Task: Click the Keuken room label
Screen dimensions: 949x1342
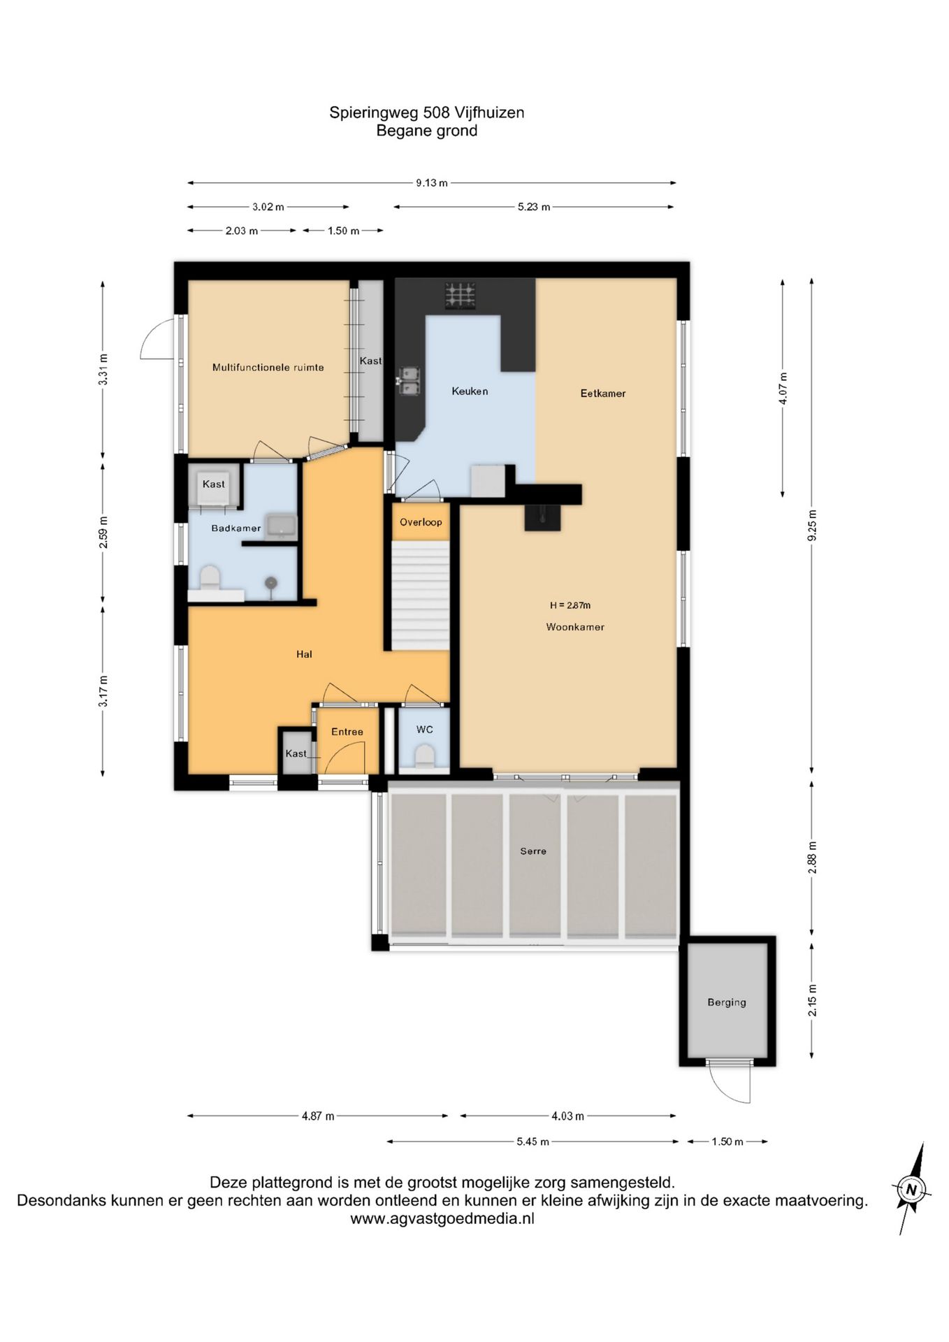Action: [x=470, y=391]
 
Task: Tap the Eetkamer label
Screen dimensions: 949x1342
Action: [x=603, y=394]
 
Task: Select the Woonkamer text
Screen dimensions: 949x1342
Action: [x=575, y=627]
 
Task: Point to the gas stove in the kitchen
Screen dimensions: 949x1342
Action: [x=461, y=295]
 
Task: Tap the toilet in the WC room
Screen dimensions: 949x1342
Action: [x=424, y=756]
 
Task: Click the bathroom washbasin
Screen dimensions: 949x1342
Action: [x=281, y=526]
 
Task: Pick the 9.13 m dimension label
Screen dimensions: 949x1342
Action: [x=432, y=183]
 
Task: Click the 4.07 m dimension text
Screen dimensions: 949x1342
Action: [x=783, y=389]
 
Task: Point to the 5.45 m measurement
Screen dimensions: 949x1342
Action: [x=533, y=1141]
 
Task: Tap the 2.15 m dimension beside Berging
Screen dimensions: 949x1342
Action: [x=811, y=1000]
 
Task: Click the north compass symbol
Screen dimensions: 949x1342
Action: [x=910, y=1189]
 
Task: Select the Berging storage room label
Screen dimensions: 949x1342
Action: [x=727, y=1002]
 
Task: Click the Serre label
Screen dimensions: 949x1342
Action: [x=533, y=851]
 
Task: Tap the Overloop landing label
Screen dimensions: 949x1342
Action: [x=421, y=522]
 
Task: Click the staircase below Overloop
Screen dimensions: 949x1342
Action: [x=419, y=596]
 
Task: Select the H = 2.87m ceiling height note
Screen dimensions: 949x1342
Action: [x=570, y=605]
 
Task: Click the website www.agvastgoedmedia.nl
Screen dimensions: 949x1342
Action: [x=442, y=1218]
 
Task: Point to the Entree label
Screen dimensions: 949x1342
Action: [x=347, y=732]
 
